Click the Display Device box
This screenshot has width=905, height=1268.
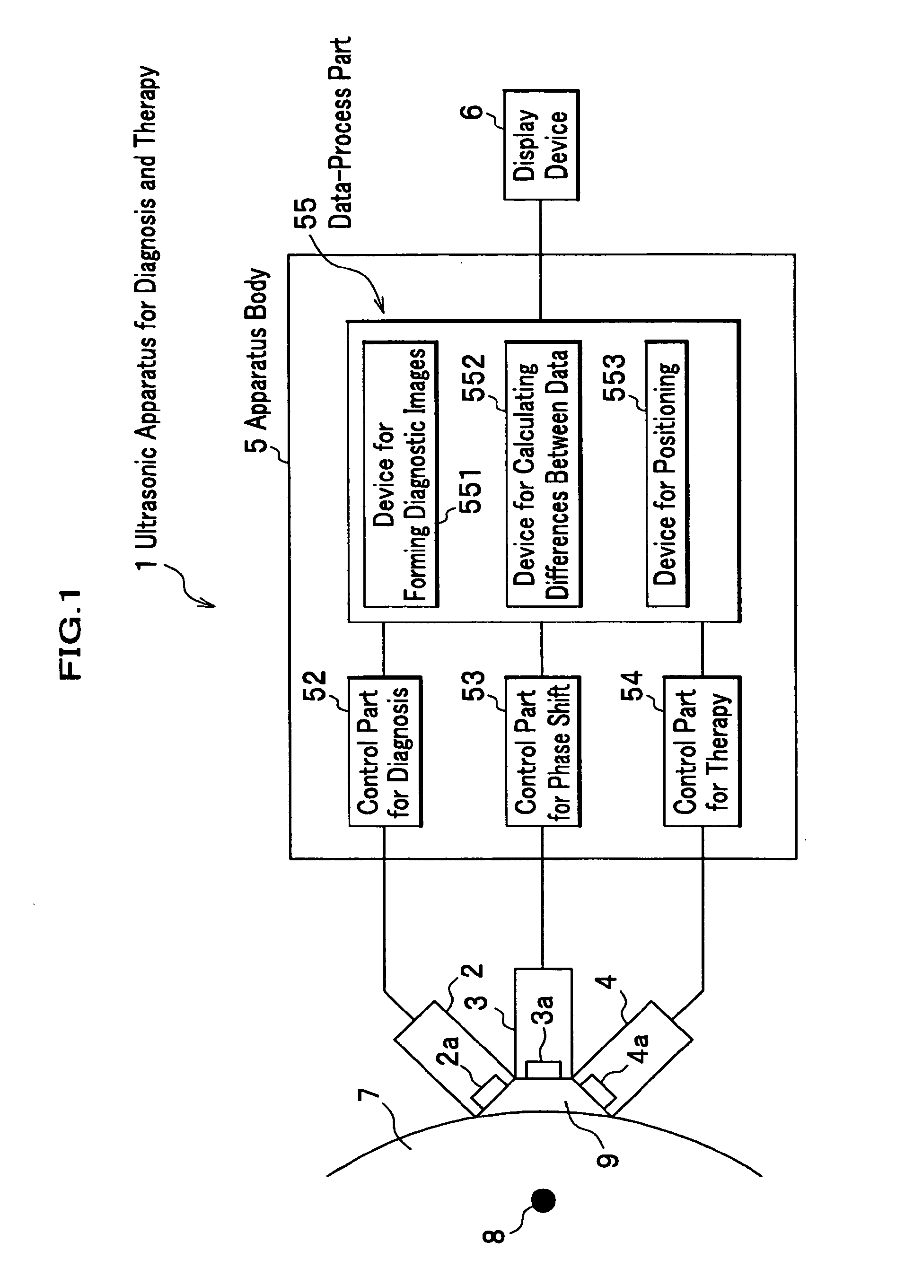541,145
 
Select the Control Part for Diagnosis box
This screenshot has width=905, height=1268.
385,751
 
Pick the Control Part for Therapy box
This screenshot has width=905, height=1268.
702,751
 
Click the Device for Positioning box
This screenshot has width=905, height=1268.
667,473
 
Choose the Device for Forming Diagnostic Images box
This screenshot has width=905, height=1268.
400,473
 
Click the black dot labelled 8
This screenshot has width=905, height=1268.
544,1200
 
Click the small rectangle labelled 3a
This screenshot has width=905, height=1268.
544,1070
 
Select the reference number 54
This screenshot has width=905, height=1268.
632,686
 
